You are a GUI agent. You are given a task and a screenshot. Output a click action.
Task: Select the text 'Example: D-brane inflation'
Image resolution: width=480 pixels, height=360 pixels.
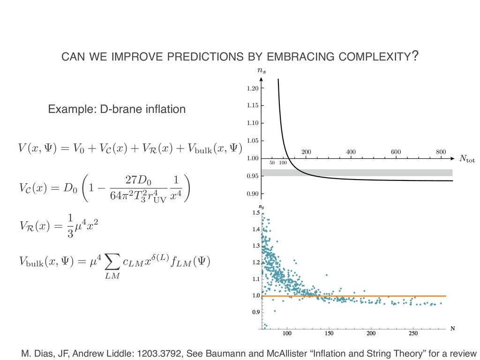tap(117, 110)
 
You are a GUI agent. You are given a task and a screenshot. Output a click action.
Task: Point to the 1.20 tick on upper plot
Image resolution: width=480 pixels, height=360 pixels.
tap(252, 88)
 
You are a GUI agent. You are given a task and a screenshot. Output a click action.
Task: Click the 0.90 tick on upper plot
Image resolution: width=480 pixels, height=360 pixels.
tap(252, 194)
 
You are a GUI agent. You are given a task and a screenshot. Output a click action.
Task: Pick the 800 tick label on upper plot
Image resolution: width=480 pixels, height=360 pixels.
tap(440, 152)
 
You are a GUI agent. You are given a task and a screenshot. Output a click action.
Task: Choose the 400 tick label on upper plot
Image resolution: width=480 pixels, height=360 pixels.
tap(351, 152)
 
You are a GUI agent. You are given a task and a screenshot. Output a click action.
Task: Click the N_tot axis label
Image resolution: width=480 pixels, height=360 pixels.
tap(466, 159)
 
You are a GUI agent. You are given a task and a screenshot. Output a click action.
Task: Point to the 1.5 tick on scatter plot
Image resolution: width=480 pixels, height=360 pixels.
tap(255, 213)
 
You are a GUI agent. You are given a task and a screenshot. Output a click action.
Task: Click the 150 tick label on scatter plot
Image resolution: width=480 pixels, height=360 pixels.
tap(329, 333)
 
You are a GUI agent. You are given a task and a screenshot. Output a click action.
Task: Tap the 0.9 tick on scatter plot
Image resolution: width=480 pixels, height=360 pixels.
tap(255, 312)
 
